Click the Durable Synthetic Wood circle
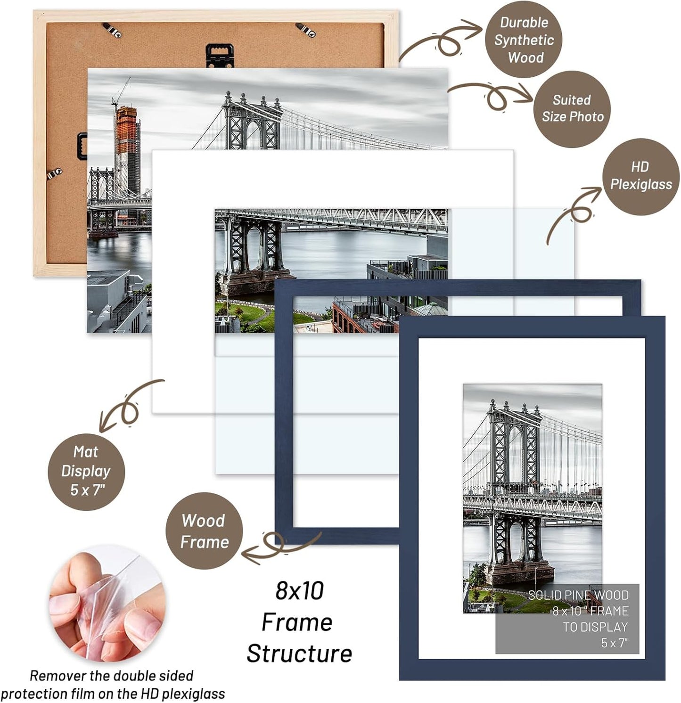point(524,40)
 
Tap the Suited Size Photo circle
point(572,109)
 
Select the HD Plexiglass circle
point(640,176)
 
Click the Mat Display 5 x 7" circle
point(86,471)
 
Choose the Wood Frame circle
point(204,531)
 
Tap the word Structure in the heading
point(299,654)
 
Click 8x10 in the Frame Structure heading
point(300,591)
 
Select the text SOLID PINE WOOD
point(578,595)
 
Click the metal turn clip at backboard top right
point(306,30)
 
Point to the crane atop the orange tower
point(121,92)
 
